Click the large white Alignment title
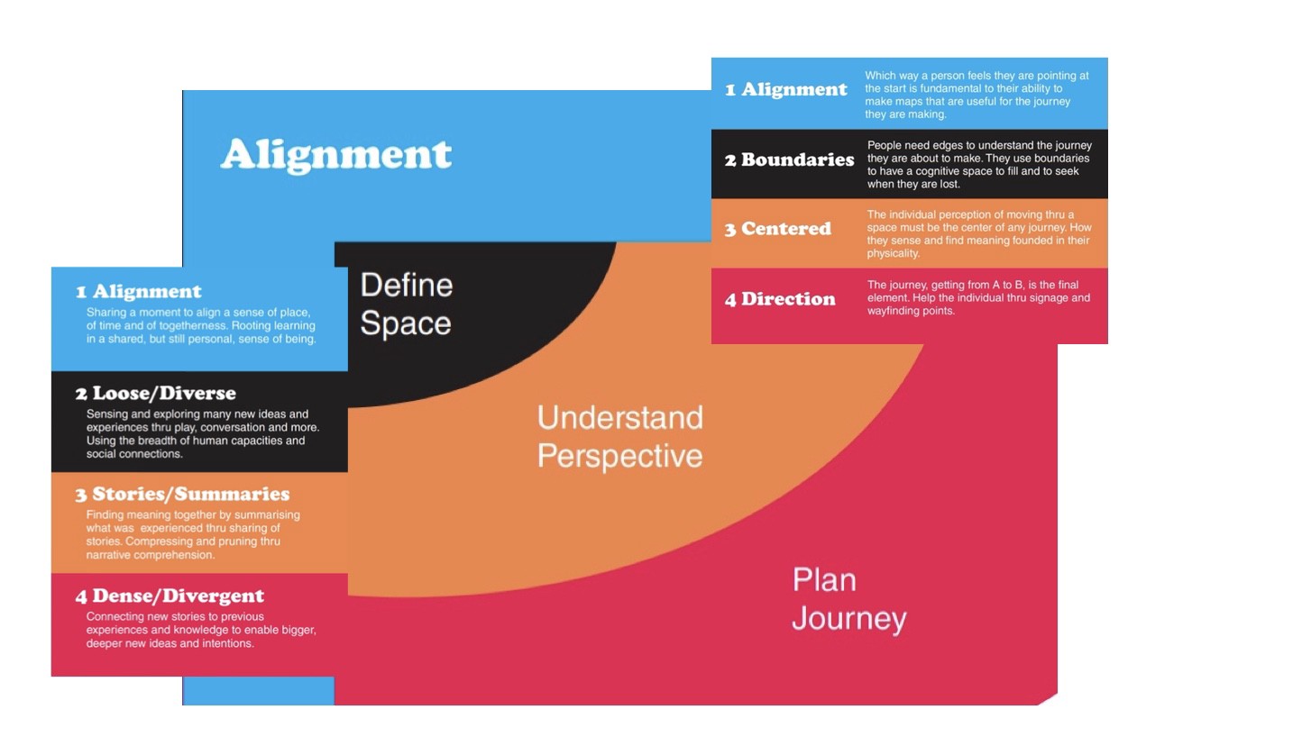[335, 155]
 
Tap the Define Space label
[406, 305]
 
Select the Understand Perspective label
[619, 437]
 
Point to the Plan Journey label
[848, 599]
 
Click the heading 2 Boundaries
[789, 160]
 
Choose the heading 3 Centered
[777, 229]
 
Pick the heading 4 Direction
[780, 299]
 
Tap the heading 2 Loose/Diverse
[155, 394]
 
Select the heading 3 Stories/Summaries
[182, 495]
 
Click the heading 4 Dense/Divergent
[170, 596]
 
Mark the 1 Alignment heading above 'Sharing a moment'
[138, 292]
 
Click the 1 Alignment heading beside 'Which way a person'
[786, 90]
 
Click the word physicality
[893, 254]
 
